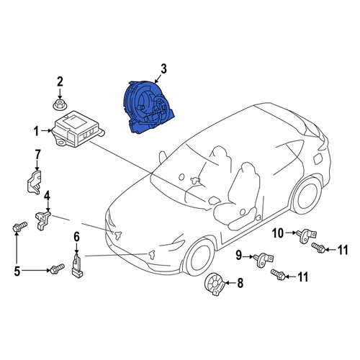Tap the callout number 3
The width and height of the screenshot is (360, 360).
[x=163, y=69]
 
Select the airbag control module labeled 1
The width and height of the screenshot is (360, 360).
[x=77, y=129]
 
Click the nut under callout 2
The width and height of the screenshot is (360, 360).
[x=60, y=105]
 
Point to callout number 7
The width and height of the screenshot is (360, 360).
[x=37, y=155]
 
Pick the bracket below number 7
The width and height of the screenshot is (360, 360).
[x=34, y=182]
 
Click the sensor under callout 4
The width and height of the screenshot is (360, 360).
[x=42, y=220]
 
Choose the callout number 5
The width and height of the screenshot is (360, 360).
[x=17, y=271]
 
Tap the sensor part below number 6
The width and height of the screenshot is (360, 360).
[x=77, y=266]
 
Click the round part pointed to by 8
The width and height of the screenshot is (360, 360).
[x=214, y=284]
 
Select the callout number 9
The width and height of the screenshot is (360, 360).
[x=238, y=255]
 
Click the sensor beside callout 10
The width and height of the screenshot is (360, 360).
[x=307, y=235]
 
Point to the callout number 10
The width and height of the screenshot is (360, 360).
[x=278, y=233]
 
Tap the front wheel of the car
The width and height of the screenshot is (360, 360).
[x=199, y=257]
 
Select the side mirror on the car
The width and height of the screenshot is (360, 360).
[x=163, y=157]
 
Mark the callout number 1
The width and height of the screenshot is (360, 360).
[x=36, y=131]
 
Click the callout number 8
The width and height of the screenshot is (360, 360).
[x=240, y=283]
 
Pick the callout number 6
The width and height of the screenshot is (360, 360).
[x=76, y=238]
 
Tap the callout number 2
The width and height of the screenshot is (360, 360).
[x=60, y=81]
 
